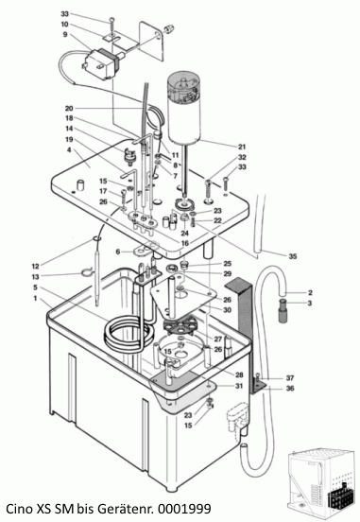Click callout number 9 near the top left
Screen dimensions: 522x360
point(64,35)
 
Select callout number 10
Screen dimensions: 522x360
point(64,25)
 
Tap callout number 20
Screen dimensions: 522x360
point(69,108)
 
